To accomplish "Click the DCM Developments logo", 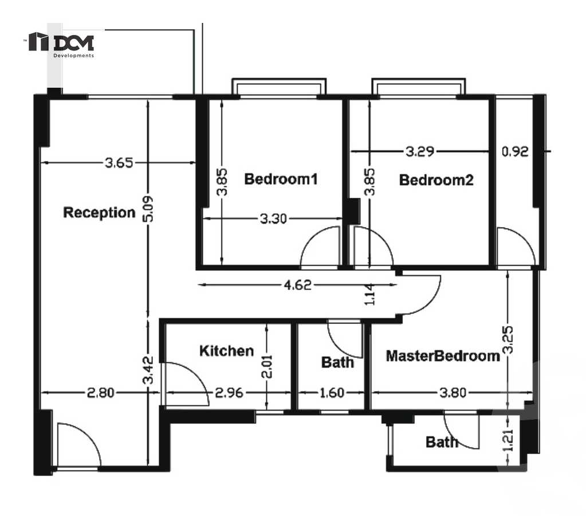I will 62,44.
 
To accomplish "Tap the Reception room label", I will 99,213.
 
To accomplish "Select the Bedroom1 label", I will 281,179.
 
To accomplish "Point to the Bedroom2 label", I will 436,180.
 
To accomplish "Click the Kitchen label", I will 226,351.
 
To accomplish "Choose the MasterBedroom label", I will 443,356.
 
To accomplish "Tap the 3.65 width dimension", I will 119,163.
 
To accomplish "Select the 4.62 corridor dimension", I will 298,285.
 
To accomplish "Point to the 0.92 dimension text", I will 514,152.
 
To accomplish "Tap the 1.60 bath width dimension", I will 332,393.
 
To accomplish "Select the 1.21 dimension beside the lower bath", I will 507,440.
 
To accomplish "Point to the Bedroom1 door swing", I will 321,247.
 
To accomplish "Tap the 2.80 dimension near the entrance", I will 100,393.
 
